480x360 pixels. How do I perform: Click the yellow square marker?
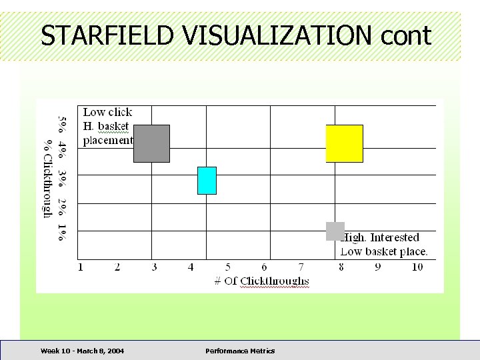344,143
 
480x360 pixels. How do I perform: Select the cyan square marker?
207,181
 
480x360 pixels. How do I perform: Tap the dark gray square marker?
151,143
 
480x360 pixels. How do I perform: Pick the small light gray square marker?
335,231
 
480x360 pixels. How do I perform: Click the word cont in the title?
407,37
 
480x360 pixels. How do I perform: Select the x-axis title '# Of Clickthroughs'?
261,281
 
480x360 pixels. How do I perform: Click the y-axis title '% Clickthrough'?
48,178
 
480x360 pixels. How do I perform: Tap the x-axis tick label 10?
417,267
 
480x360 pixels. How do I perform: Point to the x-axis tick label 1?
81,267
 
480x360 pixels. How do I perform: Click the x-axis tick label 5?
228,267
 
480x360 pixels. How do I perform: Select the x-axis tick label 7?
301,267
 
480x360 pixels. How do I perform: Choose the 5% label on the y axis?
62,124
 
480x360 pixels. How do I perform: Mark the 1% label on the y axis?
62,232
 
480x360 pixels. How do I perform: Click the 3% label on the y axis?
62,178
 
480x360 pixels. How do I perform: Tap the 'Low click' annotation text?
107,112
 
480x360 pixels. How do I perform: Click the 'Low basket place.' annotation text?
384,251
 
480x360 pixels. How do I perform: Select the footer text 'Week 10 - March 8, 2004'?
82,351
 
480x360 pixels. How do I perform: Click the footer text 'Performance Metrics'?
240,351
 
